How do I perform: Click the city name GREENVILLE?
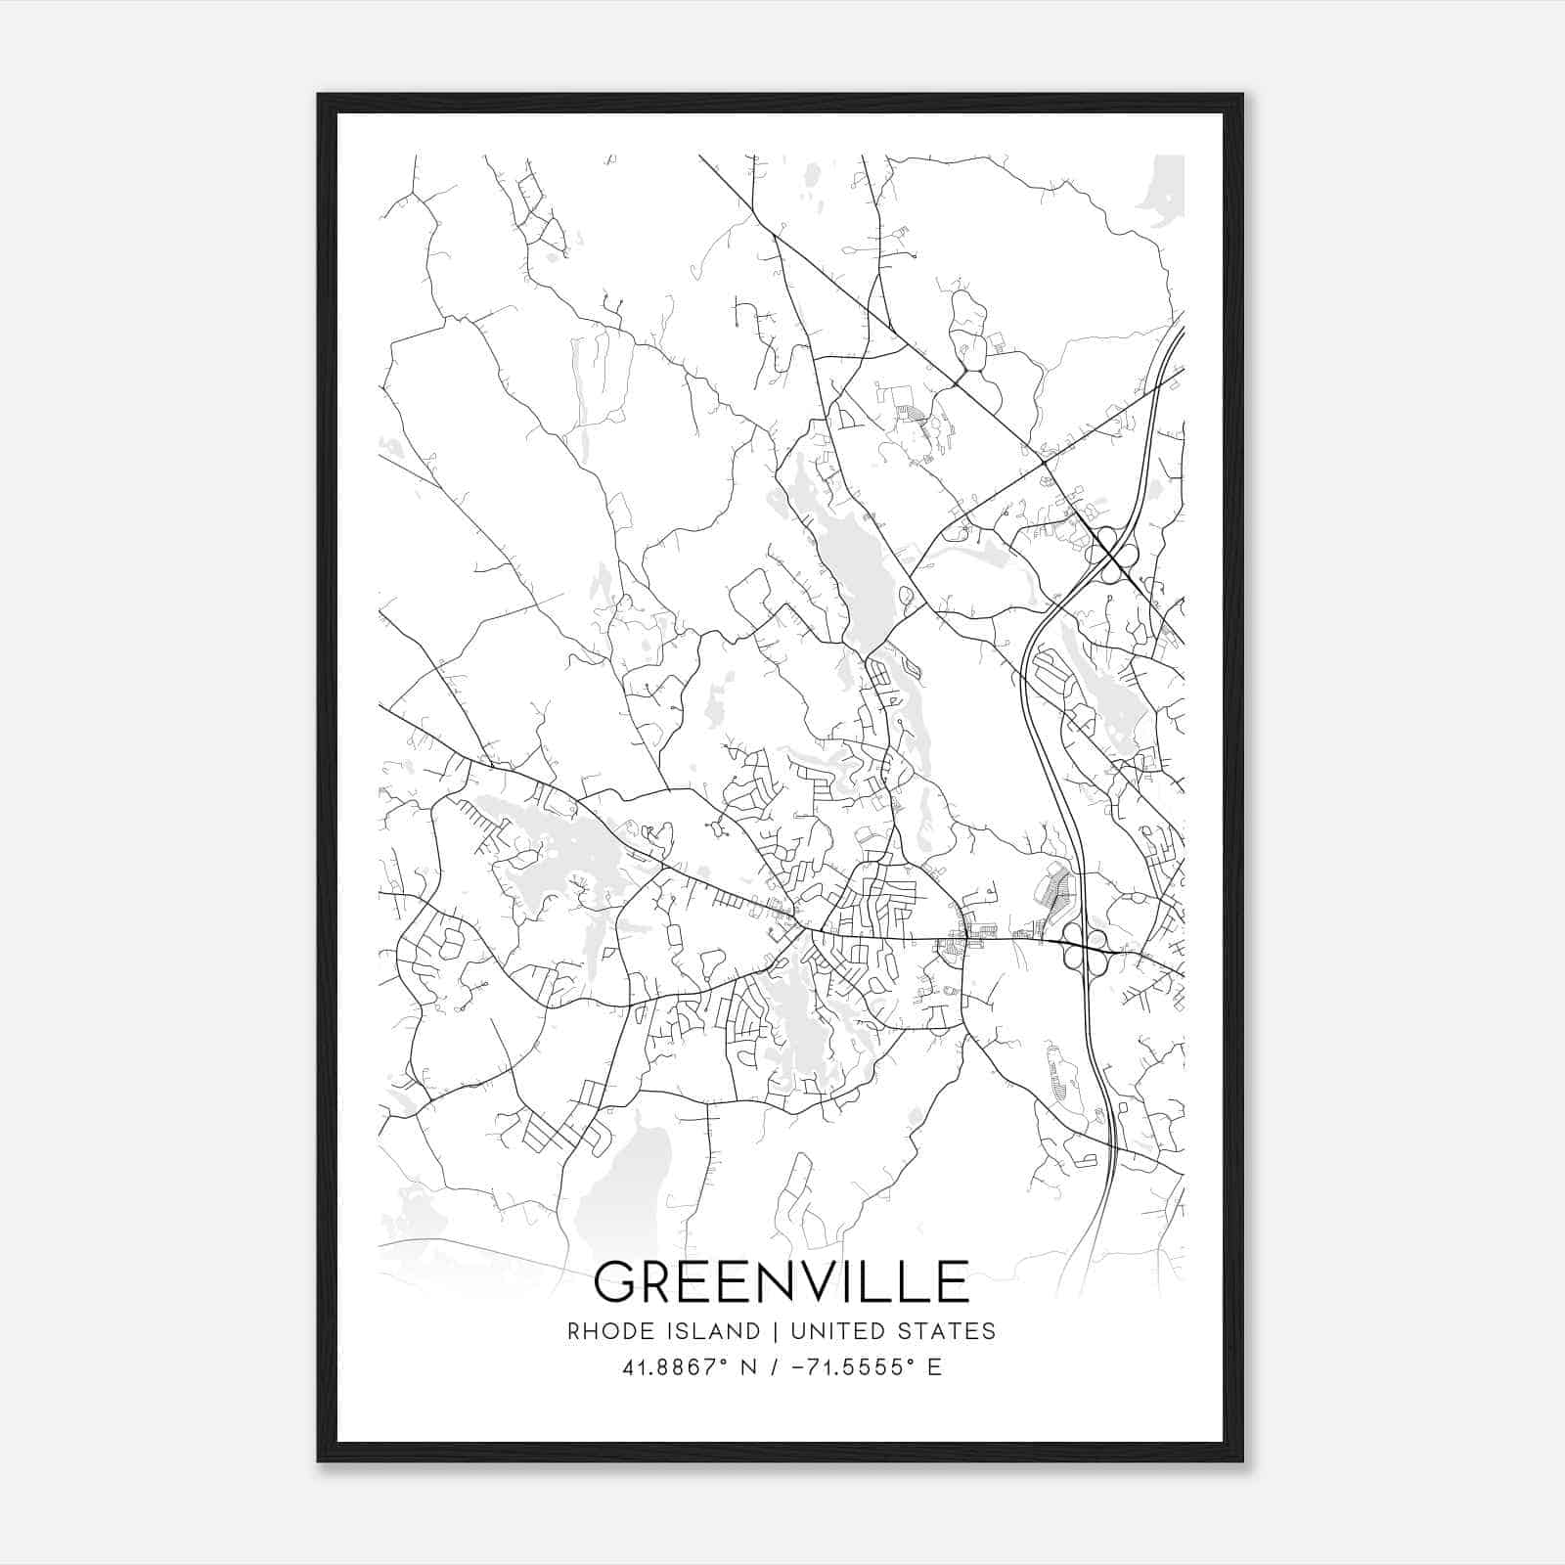781,1281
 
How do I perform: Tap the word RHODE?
600,1331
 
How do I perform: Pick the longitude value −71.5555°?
844,1367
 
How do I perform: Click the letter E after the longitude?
934,1367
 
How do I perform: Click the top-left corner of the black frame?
318,95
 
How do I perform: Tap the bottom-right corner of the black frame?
1242,1460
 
